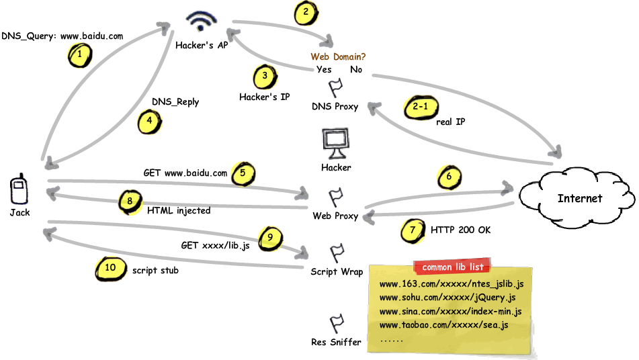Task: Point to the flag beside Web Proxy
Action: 336,197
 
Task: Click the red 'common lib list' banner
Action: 452,267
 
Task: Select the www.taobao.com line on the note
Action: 443,325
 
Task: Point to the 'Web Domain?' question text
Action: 338,57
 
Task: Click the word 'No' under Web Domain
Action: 356,69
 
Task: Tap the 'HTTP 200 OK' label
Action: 460,230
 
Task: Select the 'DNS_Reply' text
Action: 175,102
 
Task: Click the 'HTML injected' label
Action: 178,210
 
